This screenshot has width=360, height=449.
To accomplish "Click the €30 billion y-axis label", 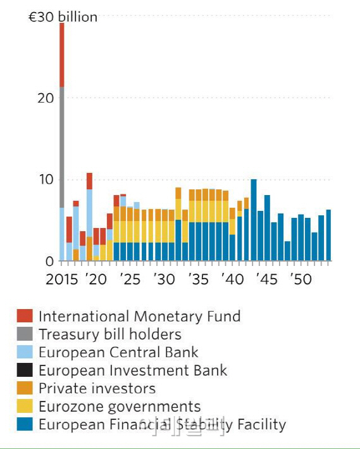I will (x=63, y=17).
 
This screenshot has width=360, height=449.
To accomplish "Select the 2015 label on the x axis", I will (x=61, y=279).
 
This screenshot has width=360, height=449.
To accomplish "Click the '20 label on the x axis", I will (x=97, y=279).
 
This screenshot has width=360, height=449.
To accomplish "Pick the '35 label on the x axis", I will (x=198, y=279).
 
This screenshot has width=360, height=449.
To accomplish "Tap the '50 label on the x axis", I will (x=301, y=279).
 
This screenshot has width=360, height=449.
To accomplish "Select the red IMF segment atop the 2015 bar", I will (x=62, y=54).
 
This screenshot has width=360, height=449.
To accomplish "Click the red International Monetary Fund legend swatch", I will (x=25, y=316).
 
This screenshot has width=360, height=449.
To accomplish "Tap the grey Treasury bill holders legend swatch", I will (x=25, y=334).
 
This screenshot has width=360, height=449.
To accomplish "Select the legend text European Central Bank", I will (x=118, y=353).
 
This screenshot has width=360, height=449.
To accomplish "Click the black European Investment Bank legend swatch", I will (x=25, y=370).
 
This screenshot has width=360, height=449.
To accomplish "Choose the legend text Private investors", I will (x=97, y=388).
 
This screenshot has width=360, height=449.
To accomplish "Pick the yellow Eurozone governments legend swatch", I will (x=25, y=407).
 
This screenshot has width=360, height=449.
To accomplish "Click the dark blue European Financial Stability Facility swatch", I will (x=25, y=424).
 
